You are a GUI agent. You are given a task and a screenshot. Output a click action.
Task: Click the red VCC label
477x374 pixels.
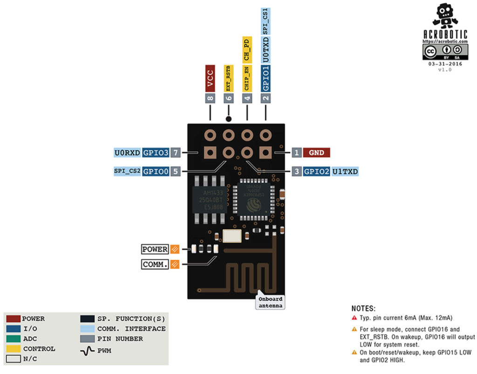coord(210,78)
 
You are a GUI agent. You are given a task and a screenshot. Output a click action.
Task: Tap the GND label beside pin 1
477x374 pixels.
coord(316,153)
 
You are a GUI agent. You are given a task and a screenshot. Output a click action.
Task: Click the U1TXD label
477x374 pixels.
coord(345,171)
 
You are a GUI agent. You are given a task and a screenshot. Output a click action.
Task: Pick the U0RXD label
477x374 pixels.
coord(127,153)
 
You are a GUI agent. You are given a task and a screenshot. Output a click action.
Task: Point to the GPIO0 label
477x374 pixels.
coord(155,171)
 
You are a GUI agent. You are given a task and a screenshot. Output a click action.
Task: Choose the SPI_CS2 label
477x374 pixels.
coord(127,171)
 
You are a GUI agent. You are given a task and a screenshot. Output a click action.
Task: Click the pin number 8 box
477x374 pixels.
coord(210,98)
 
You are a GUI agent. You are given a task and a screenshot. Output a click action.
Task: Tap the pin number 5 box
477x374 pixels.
coord(175,171)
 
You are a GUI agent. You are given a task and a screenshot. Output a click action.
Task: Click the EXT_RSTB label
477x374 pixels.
coord(228,78)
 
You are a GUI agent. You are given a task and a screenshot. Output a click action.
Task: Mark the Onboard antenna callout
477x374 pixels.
coord(270,302)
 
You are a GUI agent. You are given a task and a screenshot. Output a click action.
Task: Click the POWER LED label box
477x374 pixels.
coord(155,249)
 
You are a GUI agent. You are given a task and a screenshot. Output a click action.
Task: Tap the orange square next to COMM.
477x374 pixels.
coord(175,264)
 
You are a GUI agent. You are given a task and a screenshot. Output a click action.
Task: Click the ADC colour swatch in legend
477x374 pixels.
coord(12,339)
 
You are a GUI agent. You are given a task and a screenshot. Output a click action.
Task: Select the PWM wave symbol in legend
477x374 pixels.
coord(88,349)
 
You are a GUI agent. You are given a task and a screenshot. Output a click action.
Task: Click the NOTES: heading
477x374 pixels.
coord(363,309)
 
